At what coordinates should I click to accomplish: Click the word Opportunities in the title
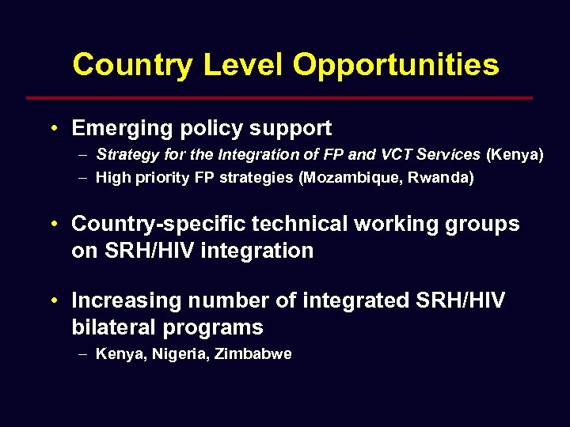click(396, 65)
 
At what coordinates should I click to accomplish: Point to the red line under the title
click(279, 98)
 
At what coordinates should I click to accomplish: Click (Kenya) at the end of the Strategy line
click(515, 155)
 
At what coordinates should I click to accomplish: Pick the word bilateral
click(111, 327)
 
